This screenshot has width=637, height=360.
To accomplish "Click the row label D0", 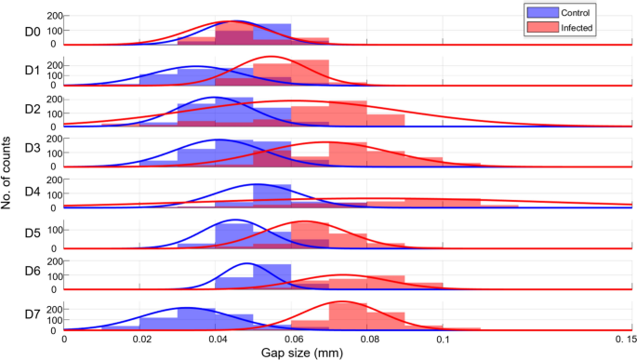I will click(31, 31).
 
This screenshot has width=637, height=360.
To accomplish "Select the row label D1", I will click(31, 71).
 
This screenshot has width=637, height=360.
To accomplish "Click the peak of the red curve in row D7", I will click(343, 301).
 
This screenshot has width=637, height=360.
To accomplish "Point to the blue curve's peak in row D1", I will click(196, 66).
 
